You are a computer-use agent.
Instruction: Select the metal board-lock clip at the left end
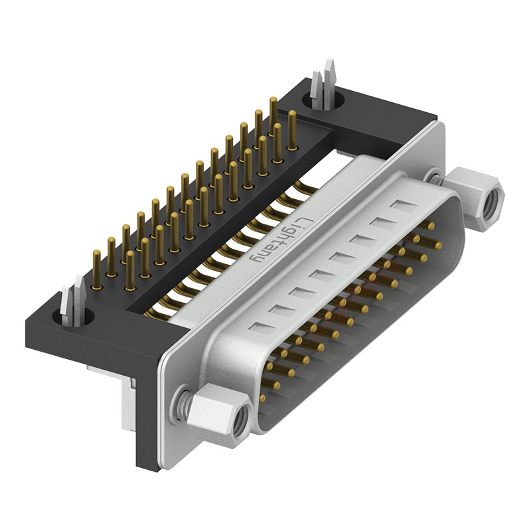click(x=72, y=303)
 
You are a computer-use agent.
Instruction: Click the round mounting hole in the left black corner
click(x=72, y=317)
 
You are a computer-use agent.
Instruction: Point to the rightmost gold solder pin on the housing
click(x=291, y=130)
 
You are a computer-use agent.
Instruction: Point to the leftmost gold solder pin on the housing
click(x=96, y=270)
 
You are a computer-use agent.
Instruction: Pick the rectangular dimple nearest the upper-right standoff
click(x=404, y=205)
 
